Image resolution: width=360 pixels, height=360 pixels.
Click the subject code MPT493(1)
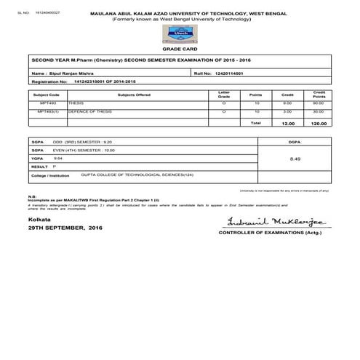48,111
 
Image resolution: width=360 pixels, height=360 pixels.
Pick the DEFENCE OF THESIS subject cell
85,111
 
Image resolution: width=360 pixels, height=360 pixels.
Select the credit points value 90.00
318,103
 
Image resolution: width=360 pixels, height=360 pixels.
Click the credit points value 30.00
318,111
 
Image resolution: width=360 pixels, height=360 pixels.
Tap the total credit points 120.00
317,124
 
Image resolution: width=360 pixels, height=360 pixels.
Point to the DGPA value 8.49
295,156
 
